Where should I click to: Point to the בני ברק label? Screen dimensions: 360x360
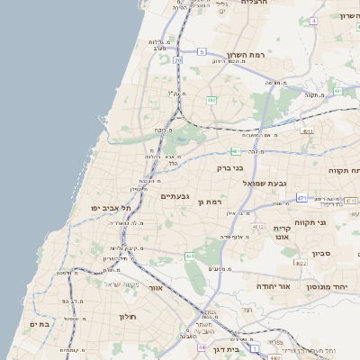click(x=230, y=166)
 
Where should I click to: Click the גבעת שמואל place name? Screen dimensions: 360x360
click(x=265, y=183)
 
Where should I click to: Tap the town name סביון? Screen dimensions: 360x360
click(x=323, y=254)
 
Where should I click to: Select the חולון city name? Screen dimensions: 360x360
click(x=125, y=317)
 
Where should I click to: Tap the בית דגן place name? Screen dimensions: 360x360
click(x=233, y=350)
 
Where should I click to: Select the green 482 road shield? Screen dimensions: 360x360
click(x=212, y=100)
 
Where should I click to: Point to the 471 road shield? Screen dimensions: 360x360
click(x=302, y=198)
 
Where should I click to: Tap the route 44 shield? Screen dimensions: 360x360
click(x=202, y=346)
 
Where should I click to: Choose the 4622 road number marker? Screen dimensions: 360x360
click(x=300, y=262)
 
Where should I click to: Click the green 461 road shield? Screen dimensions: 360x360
click(x=190, y=256)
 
